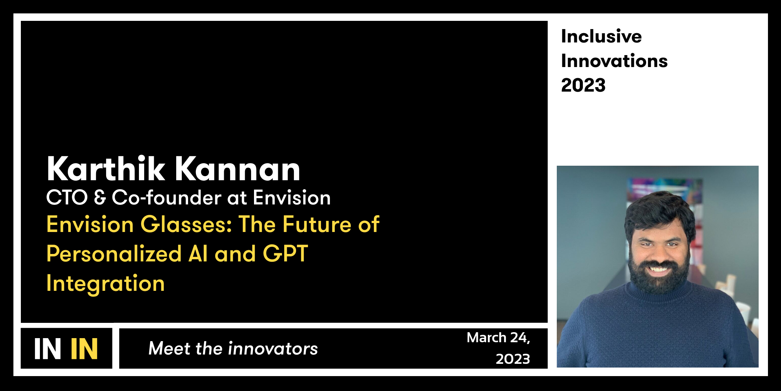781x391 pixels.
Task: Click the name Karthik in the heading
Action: [x=106, y=169]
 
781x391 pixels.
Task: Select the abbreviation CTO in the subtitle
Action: [x=67, y=198]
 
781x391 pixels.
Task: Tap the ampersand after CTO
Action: [x=100, y=198]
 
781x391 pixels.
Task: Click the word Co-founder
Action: [x=166, y=198]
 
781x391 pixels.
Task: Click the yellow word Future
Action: [x=317, y=225]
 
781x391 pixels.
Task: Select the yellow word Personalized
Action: [x=114, y=254]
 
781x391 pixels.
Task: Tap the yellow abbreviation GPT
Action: [x=285, y=254]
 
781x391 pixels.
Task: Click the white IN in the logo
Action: [x=47, y=349]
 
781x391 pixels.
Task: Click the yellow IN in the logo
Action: [x=84, y=349]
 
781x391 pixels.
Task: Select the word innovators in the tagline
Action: [x=273, y=349]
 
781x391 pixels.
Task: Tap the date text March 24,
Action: [x=498, y=338]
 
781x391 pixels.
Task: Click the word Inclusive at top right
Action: [x=601, y=36]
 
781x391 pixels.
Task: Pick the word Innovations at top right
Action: [x=614, y=61]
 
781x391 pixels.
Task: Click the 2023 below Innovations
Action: [x=583, y=86]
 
